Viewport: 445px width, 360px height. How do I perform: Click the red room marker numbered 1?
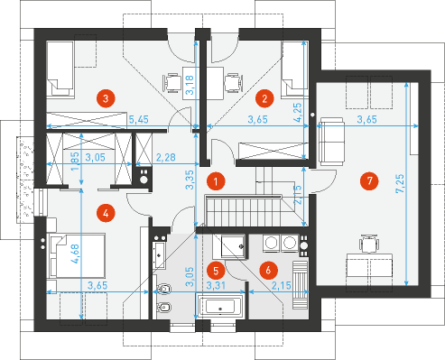(x=216, y=181)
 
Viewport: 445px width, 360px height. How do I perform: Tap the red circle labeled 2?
(x=264, y=98)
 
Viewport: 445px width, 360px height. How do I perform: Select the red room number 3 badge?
(x=106, y=98)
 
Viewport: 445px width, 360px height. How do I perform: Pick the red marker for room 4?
(x=106, y=213)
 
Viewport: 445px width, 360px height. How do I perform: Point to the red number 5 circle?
(x=216, y=271)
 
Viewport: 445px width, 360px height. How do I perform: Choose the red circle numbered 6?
(x=268, y=270)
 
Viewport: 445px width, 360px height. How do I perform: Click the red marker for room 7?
(x=369, y=180)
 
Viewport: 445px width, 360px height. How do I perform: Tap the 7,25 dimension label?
(x=400, y=183)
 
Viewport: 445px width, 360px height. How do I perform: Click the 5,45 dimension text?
(x=139, y=119)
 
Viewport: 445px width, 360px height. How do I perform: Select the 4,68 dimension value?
(x=75, y=254)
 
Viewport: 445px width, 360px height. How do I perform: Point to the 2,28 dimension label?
(x=165, y=157)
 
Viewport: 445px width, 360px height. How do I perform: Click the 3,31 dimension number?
(x=216, y=285)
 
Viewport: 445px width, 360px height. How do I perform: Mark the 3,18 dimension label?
(x=190, y=85)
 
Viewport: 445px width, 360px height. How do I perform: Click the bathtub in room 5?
(x=220, y=307)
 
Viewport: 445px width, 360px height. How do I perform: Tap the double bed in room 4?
(x=78, y=255)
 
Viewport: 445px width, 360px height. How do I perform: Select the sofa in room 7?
(x=331, y=142)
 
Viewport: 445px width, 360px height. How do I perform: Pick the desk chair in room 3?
(x=172, y=83)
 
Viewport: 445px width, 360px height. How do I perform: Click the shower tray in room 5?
(x=233, y=246)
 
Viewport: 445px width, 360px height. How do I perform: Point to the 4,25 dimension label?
(x=297, y=112)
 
